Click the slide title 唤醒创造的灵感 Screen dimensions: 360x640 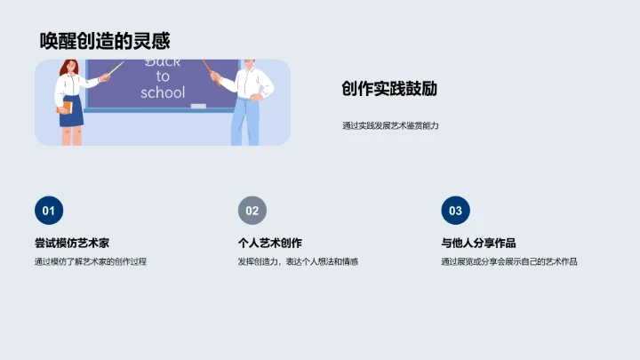pos(105,41)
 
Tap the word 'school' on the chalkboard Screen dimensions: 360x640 pos(163,92)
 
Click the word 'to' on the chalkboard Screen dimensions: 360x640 pos(163,76)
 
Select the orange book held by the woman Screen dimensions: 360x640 pos(64,108)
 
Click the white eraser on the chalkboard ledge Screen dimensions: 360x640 pos(198,107)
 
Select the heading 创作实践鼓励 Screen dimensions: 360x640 pos(388,89)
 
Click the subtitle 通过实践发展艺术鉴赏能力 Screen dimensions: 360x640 pos(390,125)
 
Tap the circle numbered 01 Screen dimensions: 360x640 pos(49,211)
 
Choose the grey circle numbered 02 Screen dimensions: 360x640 pos(252,211)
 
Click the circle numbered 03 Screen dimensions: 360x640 pos(455,211)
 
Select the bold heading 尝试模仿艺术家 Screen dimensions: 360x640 pos(72,243)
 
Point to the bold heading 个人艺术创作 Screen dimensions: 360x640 pos(270,243)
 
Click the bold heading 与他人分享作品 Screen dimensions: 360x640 pos(478,243)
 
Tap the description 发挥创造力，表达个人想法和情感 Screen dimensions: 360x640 pos(298,261)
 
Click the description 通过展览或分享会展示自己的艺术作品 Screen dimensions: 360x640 pos(509,261)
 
